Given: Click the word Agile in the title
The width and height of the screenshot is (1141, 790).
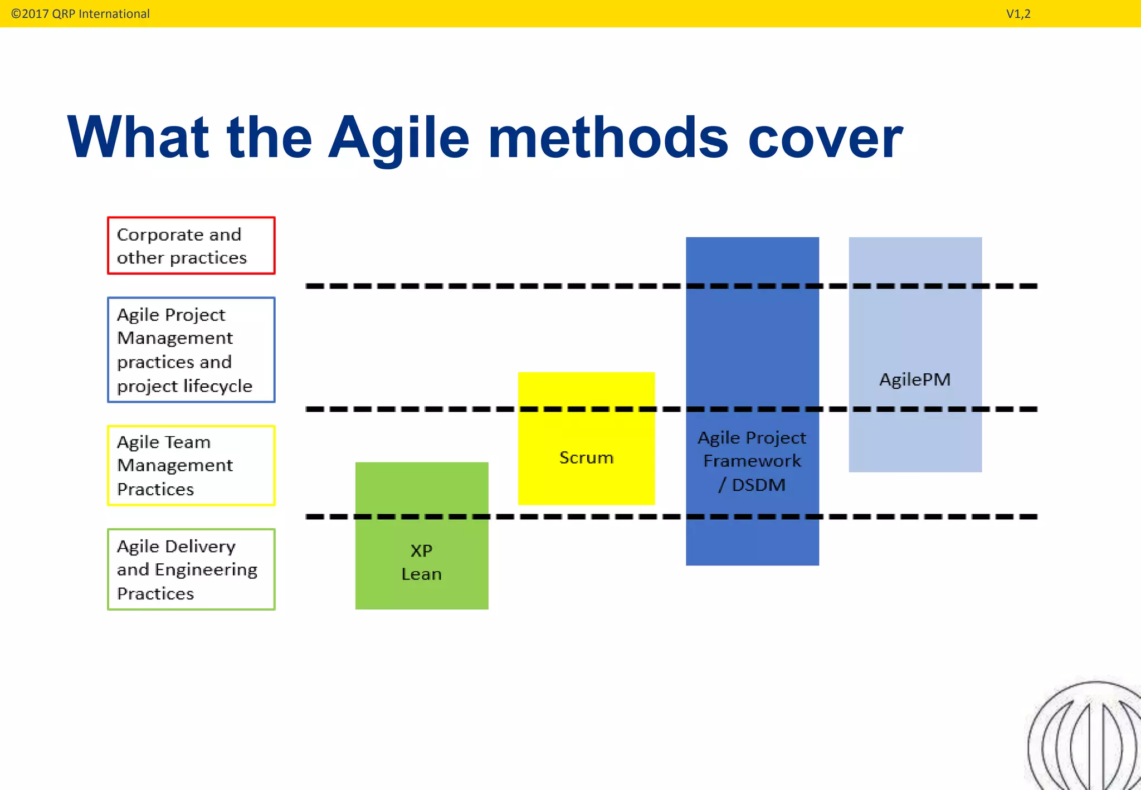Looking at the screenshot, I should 398,138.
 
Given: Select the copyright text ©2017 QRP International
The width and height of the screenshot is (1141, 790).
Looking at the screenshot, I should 80,14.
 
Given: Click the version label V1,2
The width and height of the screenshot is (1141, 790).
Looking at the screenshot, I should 1018,14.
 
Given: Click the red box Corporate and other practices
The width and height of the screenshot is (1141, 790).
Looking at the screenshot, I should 191,246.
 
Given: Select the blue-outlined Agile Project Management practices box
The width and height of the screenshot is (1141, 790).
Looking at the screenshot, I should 191,350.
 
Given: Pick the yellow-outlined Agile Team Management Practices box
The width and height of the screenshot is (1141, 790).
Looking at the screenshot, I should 191,466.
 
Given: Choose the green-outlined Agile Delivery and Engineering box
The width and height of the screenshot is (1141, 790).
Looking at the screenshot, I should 191,569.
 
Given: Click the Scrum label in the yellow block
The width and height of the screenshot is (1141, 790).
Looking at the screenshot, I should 586,458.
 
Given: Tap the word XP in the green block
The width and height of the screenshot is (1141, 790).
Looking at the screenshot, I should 421,551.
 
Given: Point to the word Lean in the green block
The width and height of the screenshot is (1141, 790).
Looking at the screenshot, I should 421,574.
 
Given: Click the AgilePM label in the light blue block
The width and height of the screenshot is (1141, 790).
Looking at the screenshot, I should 915,380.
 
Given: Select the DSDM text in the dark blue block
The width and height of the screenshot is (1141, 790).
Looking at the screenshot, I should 758,485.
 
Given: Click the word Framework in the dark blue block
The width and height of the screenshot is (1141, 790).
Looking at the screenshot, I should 752,461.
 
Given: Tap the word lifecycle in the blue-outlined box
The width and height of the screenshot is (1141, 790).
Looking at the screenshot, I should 218,386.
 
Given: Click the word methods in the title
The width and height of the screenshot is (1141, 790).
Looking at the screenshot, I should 608,138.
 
